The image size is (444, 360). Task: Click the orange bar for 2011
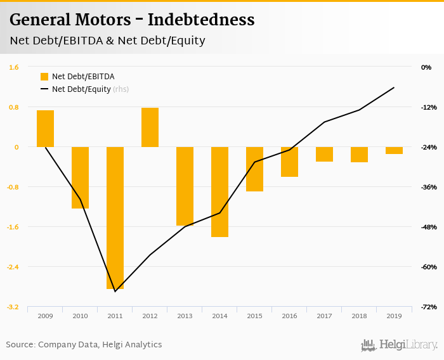coord(115,217)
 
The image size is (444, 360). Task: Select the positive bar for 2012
coord(150,127)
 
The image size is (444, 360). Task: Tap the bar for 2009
coord(45,129)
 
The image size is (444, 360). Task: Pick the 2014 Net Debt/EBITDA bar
coord(219,191)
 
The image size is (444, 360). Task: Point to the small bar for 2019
coord(394,150)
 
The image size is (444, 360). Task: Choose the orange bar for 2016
coord(289,162)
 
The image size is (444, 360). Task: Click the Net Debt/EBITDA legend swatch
coord(44,77)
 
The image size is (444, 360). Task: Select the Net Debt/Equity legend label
coord(81,89)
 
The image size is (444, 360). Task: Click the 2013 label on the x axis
coord(185,316)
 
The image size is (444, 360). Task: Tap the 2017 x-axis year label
coord(324,316)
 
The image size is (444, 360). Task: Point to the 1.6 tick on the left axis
coord(14,67)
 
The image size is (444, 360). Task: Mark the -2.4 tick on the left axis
coord(13,267)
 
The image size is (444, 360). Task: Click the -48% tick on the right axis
coord(426,227)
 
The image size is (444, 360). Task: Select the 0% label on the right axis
coord(426,67)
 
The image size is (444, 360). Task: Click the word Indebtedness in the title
coord(201,20)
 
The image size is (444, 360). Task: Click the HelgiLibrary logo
coord(400,345)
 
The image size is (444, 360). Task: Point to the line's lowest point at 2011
coord(115,292)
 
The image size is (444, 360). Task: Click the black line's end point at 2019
coord(394,87)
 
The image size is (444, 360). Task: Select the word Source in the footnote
coord(20,345)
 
